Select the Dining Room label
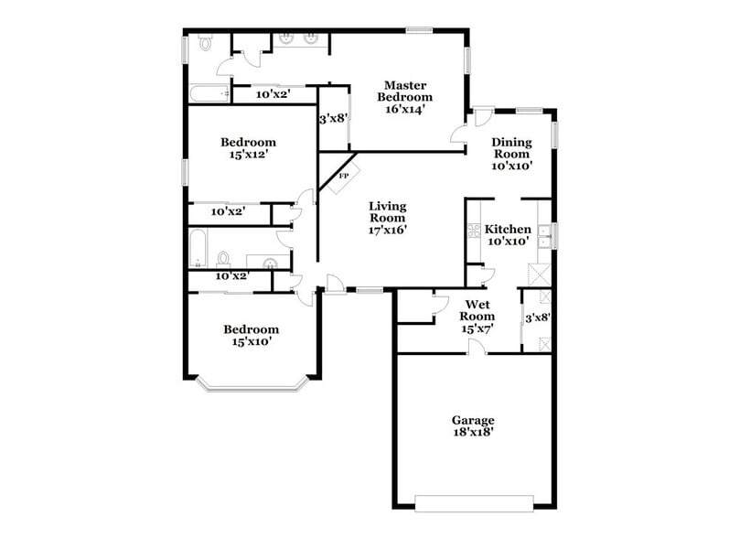(511, 148)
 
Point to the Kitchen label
(508, 229)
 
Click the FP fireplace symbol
(344, 176)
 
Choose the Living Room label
(388, 212)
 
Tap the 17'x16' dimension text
(388, 231)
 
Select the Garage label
(473, 421)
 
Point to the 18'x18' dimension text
(473, 434)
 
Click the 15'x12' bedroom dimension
(248, 156)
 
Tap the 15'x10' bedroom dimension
(252, 342)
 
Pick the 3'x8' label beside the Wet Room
(537, 318)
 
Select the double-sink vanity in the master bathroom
(299, 39)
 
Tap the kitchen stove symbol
(475, 231)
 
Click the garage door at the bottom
(474, 500)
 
